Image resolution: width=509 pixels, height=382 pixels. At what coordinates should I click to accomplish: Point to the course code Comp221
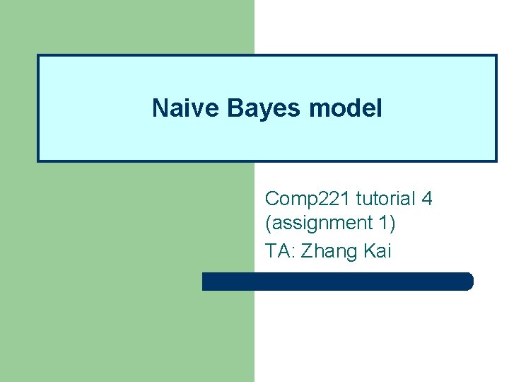(308, 199)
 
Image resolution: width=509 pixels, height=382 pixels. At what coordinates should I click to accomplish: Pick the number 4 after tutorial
(426, 199)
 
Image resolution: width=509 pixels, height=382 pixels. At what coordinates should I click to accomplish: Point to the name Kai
(376, 250)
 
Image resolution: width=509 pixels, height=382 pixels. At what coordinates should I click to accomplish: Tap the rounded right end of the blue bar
(467, 282)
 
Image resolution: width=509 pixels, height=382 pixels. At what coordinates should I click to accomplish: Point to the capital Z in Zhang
(306, 250)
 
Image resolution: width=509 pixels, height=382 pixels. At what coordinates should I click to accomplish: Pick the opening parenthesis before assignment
(268, 224)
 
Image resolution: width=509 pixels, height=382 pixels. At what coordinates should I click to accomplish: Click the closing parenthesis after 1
(392, 224)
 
